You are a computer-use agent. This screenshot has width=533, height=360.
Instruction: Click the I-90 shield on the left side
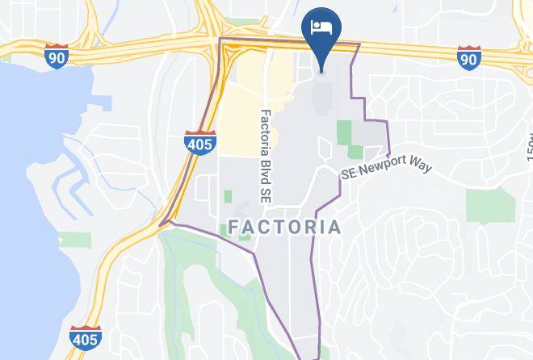point(57,57)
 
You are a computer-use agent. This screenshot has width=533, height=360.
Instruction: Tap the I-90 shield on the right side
point(468,57)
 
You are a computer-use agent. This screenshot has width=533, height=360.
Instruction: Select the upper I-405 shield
point(199,143)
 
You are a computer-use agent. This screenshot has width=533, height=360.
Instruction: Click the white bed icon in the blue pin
point(321,27)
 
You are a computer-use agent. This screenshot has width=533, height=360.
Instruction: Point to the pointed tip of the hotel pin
point(321,71)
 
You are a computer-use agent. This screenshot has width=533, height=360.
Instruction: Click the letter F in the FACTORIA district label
point(234,227)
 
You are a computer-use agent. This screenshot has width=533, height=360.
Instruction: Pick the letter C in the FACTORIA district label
point(266,227)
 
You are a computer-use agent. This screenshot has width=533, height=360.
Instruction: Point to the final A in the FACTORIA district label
point(335,227)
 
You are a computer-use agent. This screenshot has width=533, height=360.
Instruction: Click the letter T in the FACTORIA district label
point(283,227)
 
